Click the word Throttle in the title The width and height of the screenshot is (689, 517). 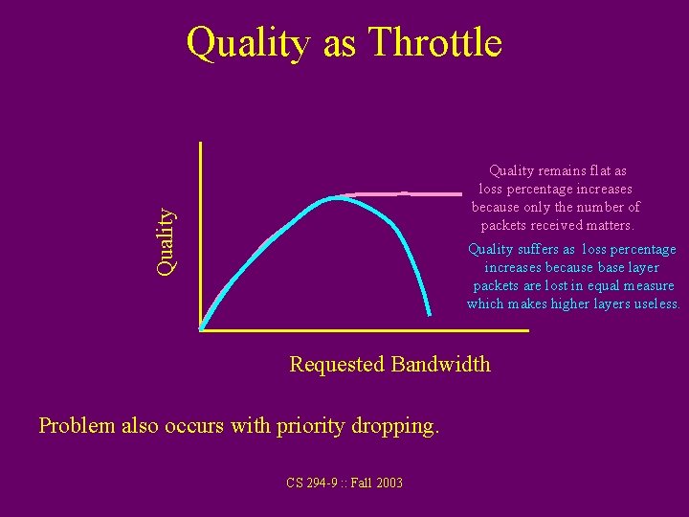pyautogui.click(x=434, y=43)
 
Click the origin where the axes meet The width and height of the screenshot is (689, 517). pyautogui.click(x=202, y=330)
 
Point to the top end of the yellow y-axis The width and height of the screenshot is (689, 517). pyautogui.click(x=201, y=144)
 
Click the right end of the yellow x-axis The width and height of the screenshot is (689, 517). pyautogui.click(x=526, y=330)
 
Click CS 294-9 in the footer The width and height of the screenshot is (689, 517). pyautogui.click(x=312, y=483)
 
